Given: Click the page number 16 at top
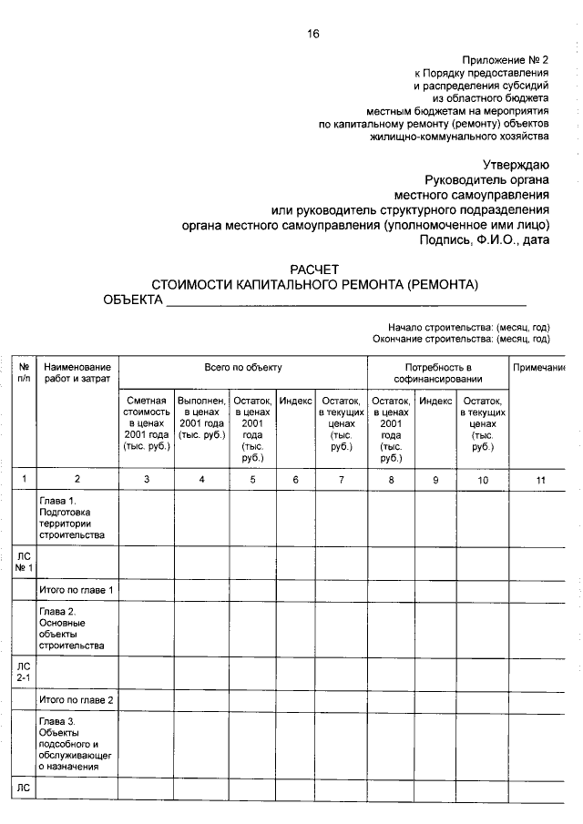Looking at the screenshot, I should tap(313, 34).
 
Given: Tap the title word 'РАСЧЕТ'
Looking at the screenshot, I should tap(313, 270).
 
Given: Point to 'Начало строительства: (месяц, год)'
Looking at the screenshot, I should tap(468, 327).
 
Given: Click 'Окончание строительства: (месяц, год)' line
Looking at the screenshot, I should tap(461, 339).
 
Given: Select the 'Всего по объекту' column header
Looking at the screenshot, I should tap(242, 368).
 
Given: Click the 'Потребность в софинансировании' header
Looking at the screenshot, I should tap(437, 372).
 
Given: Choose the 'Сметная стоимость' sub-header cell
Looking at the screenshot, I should tap(146, 423).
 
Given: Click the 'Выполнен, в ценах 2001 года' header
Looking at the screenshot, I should tap(201, 418).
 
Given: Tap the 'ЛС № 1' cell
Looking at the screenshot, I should tap(24, 562).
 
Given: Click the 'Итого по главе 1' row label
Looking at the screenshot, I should tap(77, 591).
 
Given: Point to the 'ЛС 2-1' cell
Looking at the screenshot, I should tap(24, 673).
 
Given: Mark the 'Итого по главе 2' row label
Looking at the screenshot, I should tap(77, 700).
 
